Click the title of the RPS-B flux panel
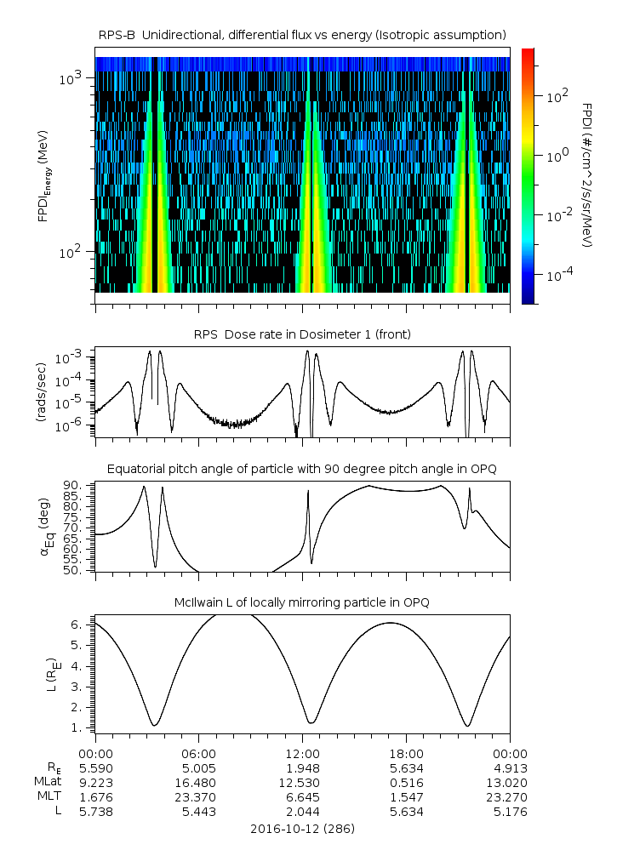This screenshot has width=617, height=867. (302, 33)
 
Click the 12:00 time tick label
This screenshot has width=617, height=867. (302, 753)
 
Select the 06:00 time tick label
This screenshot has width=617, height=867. (199, 753)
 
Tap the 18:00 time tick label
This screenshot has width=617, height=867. (406, 753)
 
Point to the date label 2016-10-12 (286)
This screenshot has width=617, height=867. (302, 828)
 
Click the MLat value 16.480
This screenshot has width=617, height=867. (199, 782)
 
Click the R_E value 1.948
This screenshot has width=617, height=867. (302, 767)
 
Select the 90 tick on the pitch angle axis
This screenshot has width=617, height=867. (76, 486)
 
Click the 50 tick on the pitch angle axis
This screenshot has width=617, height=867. (76, 570)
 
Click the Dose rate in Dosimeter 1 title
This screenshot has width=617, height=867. (302, 334)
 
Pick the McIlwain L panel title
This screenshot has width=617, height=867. (302, 602)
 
